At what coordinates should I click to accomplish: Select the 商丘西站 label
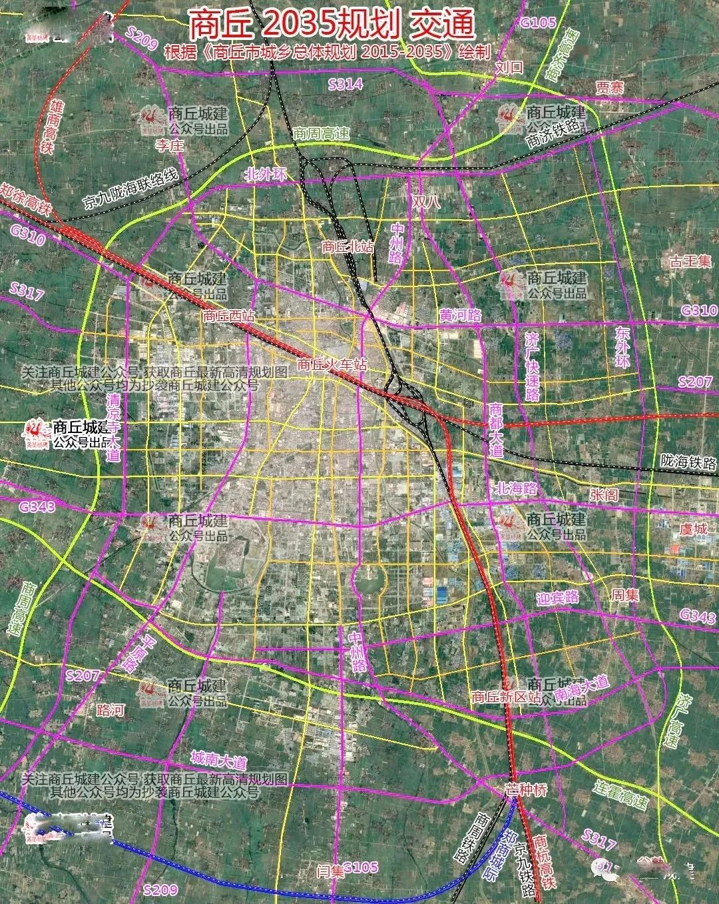click(x=228, y=314)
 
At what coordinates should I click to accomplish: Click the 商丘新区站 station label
click(x=505, y=697)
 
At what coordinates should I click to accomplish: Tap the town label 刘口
click(x=510, y=67)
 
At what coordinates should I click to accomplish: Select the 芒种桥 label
click(x=525, y=791)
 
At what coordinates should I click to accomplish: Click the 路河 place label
click(x=110, y=709)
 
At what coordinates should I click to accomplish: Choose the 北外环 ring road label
click(x=264, y=175)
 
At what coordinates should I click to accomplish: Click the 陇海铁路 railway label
click(x=688, y=461)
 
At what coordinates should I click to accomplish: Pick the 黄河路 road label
click(x=459, y=315)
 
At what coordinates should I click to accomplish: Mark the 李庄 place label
click(x=168, y=145)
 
